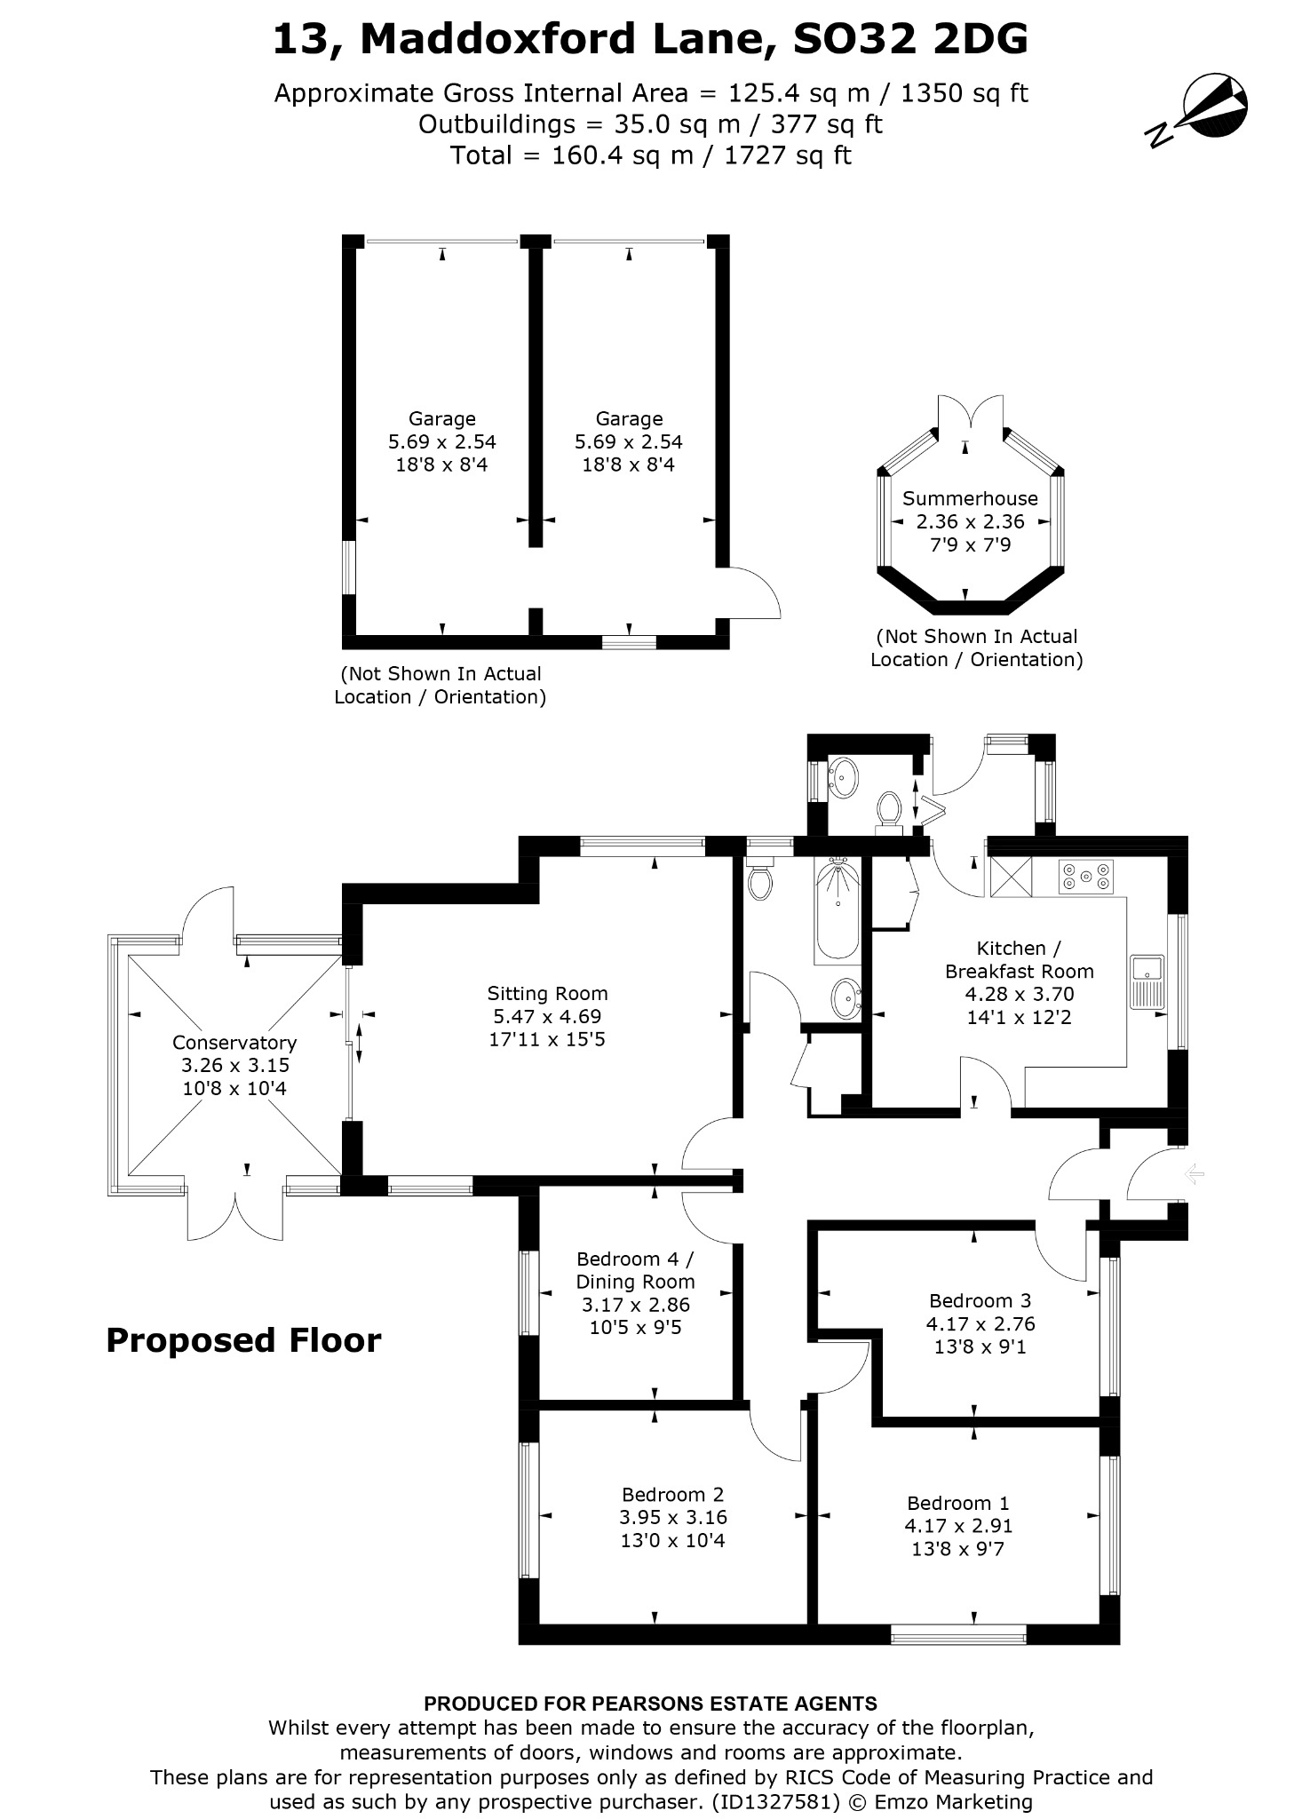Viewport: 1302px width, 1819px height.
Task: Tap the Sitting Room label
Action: click(547, 993)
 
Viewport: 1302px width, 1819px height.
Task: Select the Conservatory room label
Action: click(234, 1042)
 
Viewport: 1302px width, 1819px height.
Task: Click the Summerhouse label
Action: click(970, 498)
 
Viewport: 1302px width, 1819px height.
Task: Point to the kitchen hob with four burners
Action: click(1085, 877)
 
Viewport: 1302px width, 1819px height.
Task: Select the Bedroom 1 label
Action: click(958, 1503)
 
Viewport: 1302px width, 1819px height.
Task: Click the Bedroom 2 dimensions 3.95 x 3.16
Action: click(673, 1517)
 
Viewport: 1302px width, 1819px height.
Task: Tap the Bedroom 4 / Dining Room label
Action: click(635, 1270)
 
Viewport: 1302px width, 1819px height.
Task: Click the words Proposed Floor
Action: click(243, 1340)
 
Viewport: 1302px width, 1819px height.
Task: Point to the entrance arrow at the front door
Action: click(1195, 1175)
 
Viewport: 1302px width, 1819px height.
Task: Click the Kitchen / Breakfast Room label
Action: click(1019, 959)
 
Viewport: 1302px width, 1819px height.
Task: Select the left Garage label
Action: click(442, 418)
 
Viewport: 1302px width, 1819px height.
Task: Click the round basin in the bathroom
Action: click(845, 998)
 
